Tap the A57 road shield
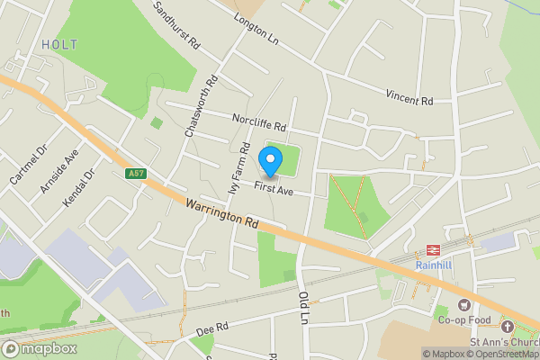coord(136,174)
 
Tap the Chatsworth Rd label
coord(201,105)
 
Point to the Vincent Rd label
coord(409,96)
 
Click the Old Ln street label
coord(303,307)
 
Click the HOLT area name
coord(59,44)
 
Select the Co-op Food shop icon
coord(466,305)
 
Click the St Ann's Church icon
coord(508,326)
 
